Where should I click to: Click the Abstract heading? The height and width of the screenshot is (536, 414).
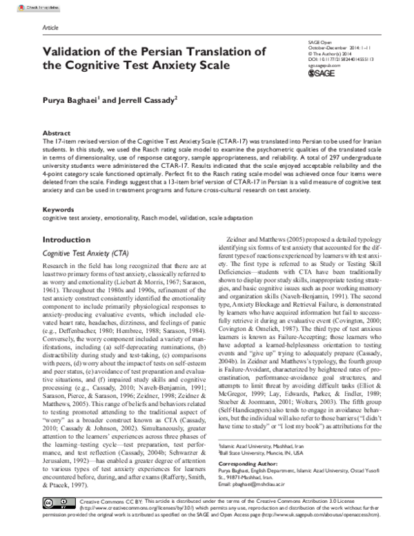(x=57, y=131)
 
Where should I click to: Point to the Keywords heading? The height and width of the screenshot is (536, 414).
(x=59, y=189)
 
